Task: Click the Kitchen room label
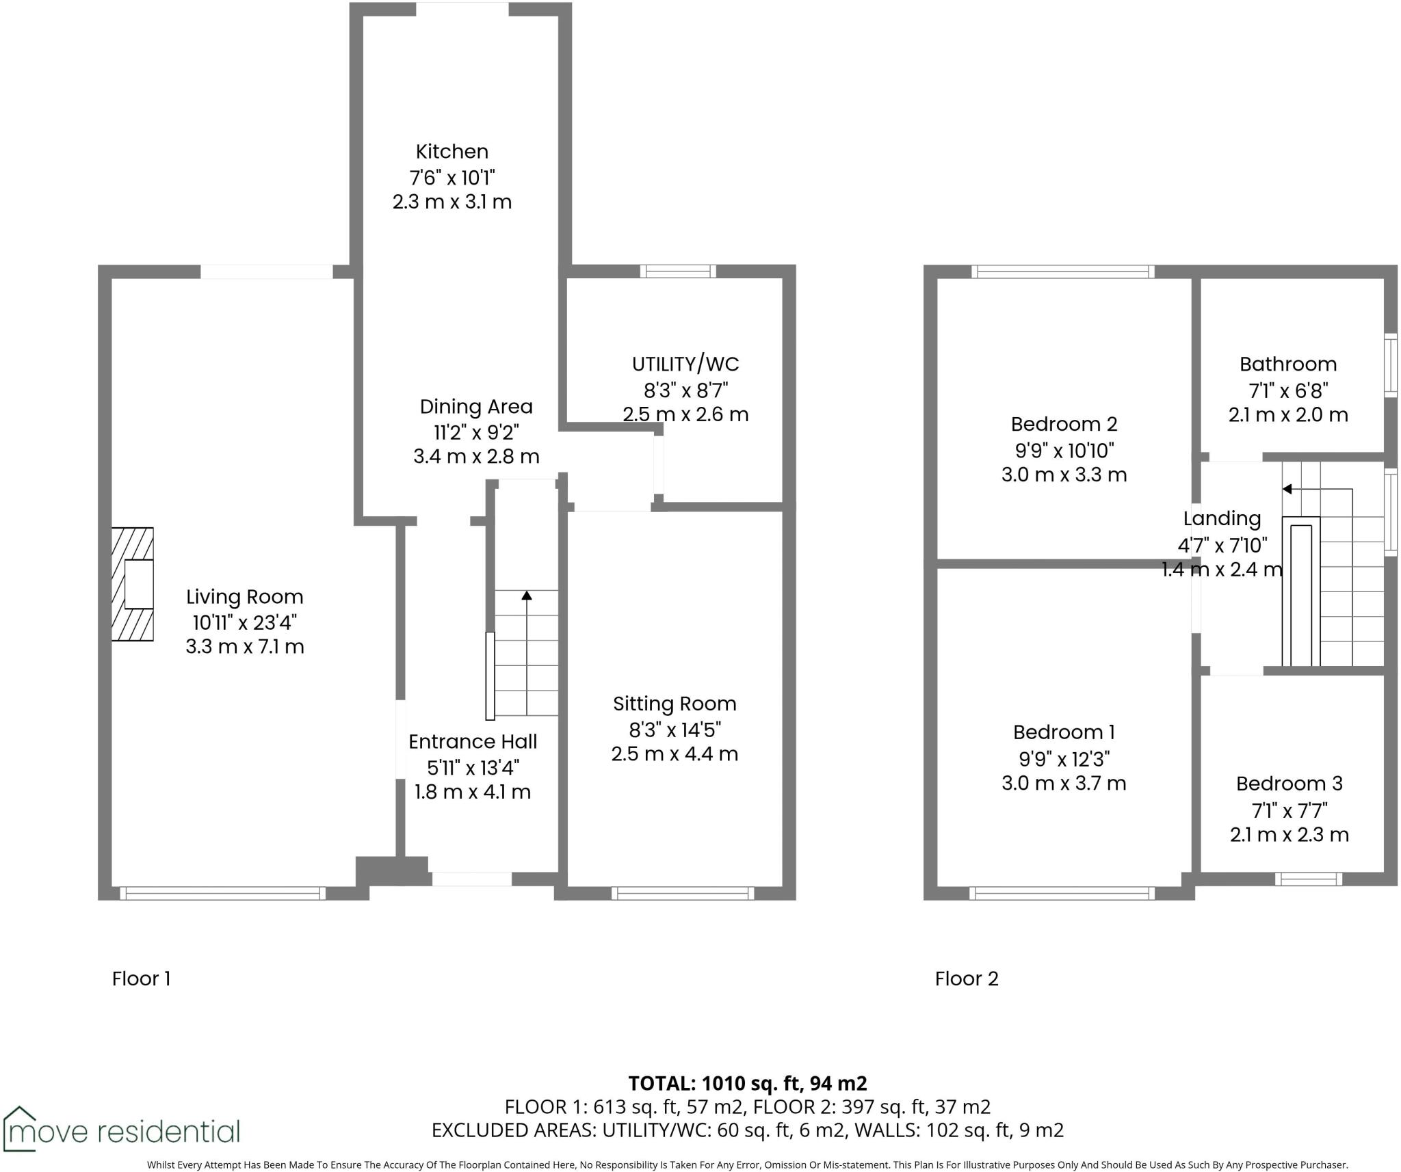point(451,151)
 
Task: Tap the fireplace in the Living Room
point(133,584)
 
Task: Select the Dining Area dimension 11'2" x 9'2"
point(476,432)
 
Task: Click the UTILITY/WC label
point(685,364)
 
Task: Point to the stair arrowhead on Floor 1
point(526,596)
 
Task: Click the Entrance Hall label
point(473,742)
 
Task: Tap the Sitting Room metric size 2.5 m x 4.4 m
point(675,754)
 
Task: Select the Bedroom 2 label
point(1064,424)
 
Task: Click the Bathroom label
point(1287,364)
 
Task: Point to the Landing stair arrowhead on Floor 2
point(1287,489)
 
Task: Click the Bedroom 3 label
point(1289,784)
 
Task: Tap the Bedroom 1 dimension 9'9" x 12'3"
point(1064,758)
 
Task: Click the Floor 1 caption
point(141,978)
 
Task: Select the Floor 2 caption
point(966,978)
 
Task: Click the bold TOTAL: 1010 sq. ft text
point(747,1083)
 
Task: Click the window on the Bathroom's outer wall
point(1391,365)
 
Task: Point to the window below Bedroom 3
point(1309,879)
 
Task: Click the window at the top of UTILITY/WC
point(677,271)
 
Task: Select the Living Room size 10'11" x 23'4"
point(244,622)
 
